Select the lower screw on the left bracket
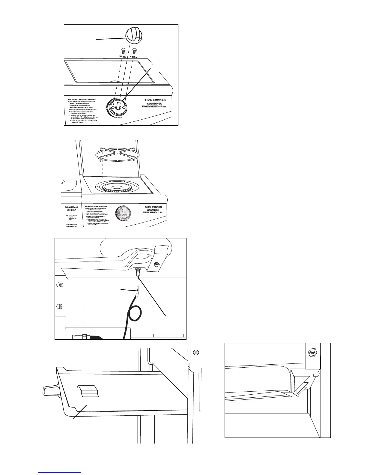pos(60,306)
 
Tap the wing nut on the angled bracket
pos(156,264)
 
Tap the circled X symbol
pos(196,353)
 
